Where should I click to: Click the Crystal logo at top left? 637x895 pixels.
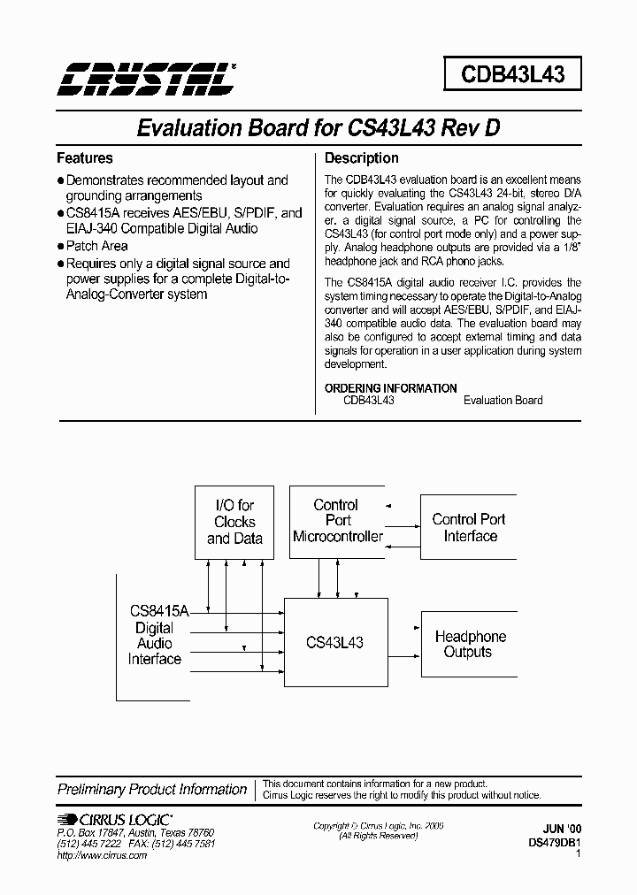(146, 78)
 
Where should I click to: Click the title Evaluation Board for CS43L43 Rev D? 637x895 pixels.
(318, 127)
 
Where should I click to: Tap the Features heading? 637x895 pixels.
(85, 158)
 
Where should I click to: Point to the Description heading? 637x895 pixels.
(362, 158)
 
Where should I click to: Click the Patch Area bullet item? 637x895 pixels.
(96, 246)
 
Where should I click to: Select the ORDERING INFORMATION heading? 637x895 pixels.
(391, 388)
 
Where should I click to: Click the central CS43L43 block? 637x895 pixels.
(334, 643)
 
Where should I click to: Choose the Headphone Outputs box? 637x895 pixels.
(470, 644)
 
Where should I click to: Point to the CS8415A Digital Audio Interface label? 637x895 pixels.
(155, 635)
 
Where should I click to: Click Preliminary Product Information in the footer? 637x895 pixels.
(152, 790)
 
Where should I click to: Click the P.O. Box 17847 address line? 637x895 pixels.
(134, 833)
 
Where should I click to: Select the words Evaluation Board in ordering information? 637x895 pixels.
(503, 401)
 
